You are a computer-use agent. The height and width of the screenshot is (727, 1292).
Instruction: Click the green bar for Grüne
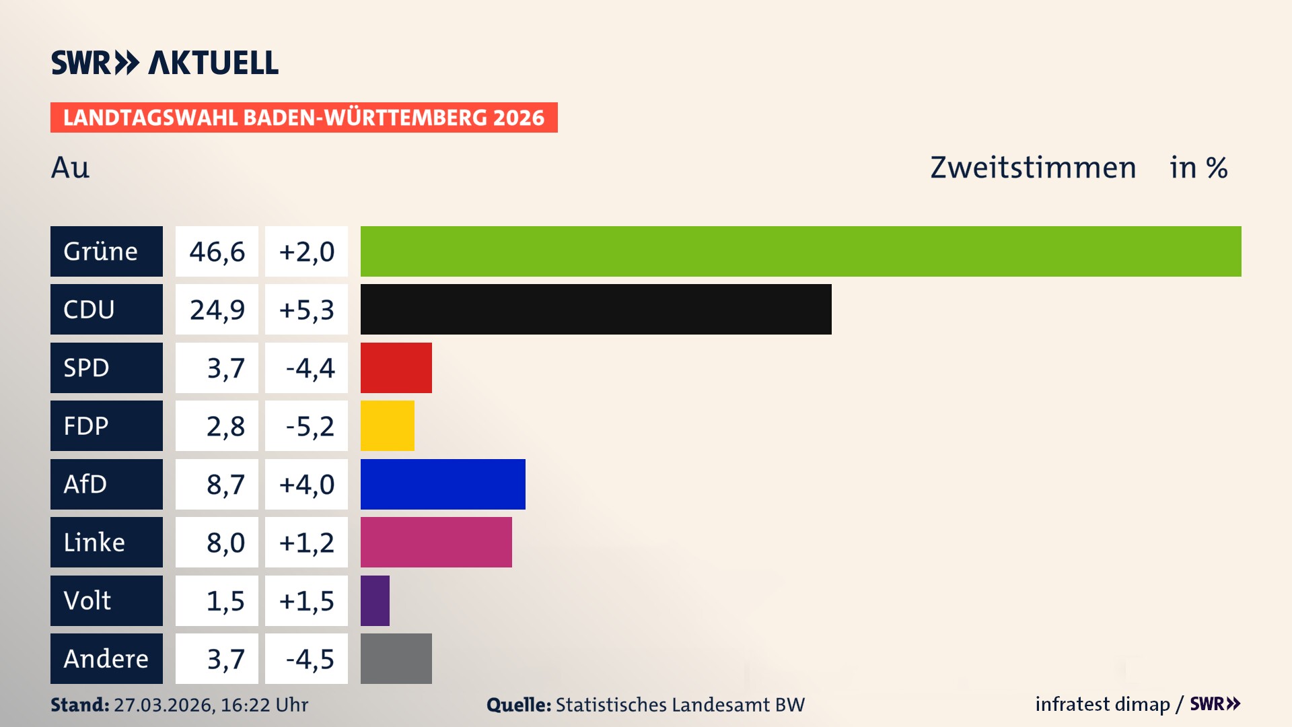tap(801, 251)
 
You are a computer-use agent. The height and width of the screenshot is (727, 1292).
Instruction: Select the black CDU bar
tap(596, 309)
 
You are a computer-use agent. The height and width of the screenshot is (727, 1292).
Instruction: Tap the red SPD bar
tap(396, 368)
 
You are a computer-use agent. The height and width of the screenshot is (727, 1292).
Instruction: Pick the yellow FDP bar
tap(387, 425)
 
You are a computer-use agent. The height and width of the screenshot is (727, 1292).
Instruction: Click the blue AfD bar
tap(443, 484)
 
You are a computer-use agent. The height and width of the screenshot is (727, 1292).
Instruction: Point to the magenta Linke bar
tap(436, 542)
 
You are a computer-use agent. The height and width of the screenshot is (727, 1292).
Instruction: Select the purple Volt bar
tap(375, 600)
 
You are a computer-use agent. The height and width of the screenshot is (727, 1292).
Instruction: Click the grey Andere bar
tap(396, 658)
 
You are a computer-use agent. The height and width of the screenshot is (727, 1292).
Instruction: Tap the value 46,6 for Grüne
tap(217, 252)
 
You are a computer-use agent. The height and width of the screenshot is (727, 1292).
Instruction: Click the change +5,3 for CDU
tap(306, 310)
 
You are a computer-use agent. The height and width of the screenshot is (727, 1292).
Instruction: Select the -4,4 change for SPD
tap(310, 368)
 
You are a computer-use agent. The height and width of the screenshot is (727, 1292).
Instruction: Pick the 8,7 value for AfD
tap(225, 485)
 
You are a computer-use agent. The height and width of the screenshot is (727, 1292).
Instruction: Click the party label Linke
tap(94, 543)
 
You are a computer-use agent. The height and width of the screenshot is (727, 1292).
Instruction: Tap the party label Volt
tap(87, 600)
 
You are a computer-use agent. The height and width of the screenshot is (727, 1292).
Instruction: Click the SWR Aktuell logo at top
tap(164, 63)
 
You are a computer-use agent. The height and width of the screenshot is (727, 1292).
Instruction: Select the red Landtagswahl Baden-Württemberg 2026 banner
tap(303, 117)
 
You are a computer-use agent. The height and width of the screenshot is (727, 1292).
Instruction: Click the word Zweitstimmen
tap(1033, 168)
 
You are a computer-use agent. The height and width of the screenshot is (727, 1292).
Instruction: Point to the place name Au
tap(70, 168)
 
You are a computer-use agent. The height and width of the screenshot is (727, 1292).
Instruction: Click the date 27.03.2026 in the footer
tap(164, 705)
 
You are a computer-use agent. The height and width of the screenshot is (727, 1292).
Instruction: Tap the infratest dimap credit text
tap(1102, 704)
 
